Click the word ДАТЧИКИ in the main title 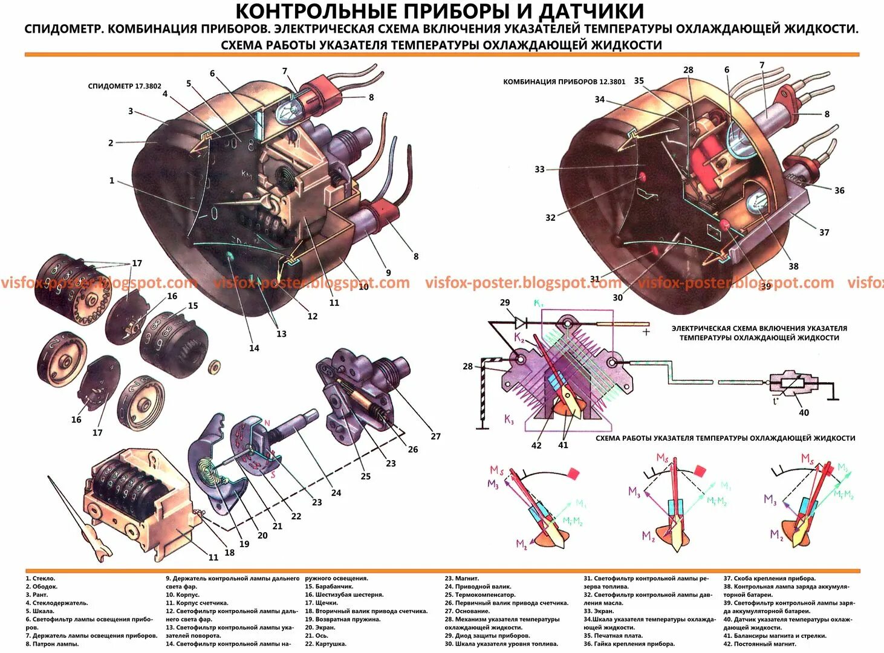click(591, 11)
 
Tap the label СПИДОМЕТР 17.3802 click(125, 86)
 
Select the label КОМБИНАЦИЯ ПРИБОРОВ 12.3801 click(564, 82)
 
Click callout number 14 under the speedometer click(254, 348)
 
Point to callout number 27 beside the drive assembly click(435, 436)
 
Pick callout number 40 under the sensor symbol click(804, 412)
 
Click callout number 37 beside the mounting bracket click(824, 232)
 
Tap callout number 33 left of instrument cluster click(539, 169)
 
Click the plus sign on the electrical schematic click(646, 331)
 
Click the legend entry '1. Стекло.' click(40, 579)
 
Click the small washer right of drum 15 click(214, 366)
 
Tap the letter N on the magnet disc click(267, 423)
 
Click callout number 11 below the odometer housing click(213, 557)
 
